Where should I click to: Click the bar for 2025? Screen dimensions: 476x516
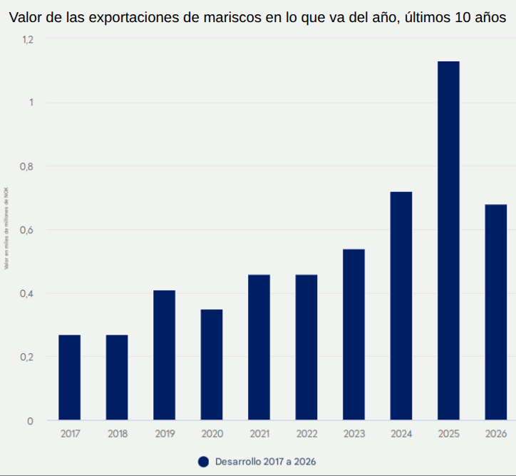[x=448, y=240]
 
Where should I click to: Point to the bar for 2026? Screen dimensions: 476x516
[x=495, y=312]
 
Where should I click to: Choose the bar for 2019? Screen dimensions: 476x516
[x=164, y=355]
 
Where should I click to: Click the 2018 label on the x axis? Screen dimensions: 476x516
[x=117, y=434]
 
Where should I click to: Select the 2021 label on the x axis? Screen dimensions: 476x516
[x=259, y=434]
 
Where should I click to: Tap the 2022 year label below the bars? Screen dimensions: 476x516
[x=306, y=434]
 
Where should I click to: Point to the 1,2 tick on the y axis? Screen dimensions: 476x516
[x=27, y=40]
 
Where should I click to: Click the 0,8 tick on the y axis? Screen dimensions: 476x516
[x=26, y=167]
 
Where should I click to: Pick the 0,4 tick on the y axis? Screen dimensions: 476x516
[x=26, y=294]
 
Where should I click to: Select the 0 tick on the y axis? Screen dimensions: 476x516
[x=30, y=421]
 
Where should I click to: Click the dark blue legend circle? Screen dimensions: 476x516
[x=203, y=462]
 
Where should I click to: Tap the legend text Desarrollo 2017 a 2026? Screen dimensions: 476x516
[x=265, y=462]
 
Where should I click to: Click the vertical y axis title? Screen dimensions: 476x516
[x=6, y=228]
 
